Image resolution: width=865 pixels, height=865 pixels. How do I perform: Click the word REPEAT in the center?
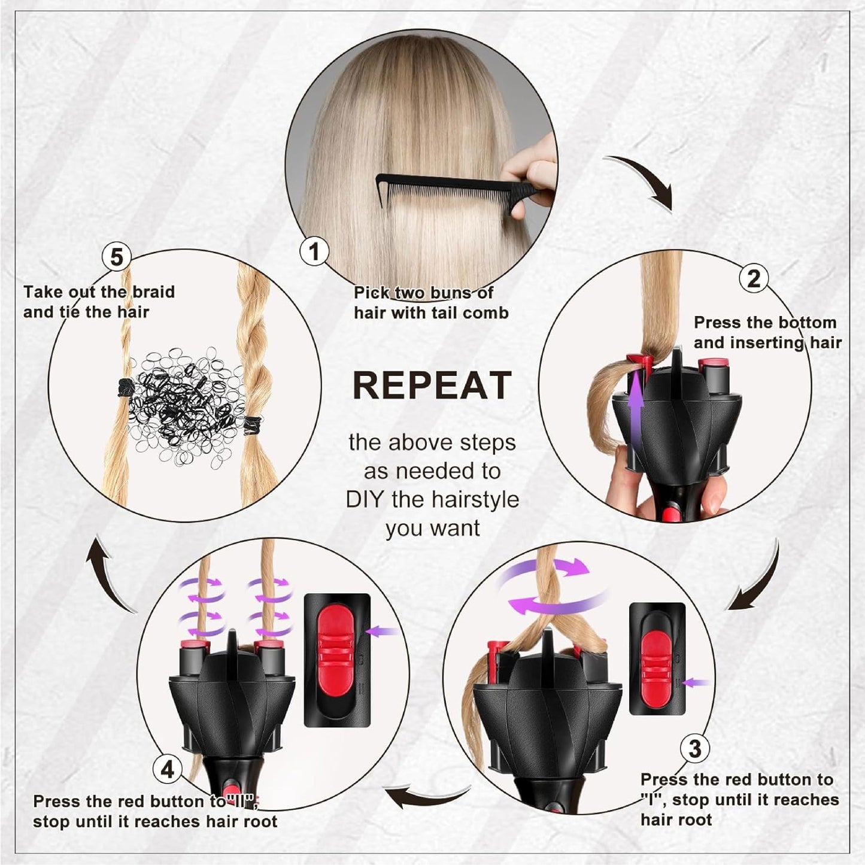[432, 386]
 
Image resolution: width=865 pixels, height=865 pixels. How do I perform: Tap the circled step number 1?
[314, 251]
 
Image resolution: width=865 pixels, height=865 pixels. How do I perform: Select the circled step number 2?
[754, 278]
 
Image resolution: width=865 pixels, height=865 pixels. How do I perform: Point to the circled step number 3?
[695, 748]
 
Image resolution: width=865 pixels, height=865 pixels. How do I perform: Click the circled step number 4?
[168, 769]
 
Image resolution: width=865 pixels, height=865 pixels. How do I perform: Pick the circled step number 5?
[117, 257]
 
